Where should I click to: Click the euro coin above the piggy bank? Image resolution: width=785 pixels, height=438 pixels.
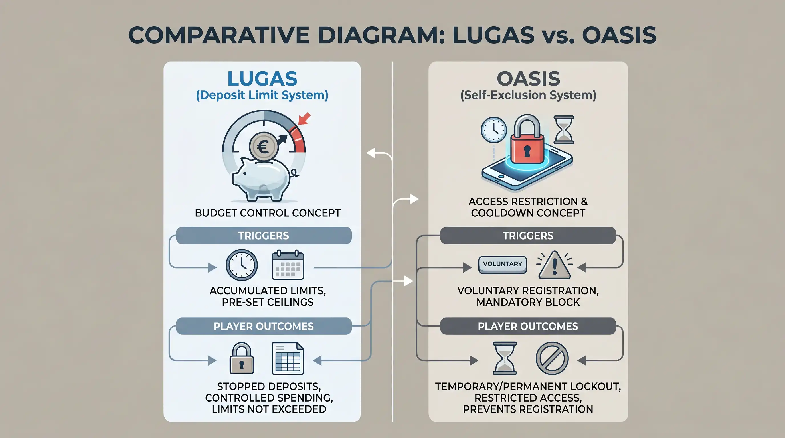[x=263, y=147]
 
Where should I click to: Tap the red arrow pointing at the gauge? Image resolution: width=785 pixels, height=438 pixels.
[x=304, y=119]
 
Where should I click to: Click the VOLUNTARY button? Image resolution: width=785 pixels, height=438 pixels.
[x=503, y=264]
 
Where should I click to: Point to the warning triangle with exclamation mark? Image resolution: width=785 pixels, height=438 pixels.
[x=555, y=265]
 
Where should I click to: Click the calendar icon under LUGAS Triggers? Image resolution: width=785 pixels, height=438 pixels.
[x=288, y=265]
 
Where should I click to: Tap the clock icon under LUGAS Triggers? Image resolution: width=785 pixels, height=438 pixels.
[x=242, y=265]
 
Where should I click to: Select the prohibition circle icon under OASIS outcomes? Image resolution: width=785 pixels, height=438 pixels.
[x=552, y=358]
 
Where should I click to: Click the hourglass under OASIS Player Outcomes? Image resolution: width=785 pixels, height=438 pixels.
[x=505, y=358]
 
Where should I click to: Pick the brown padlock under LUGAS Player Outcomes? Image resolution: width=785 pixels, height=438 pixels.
[x=242, y=358]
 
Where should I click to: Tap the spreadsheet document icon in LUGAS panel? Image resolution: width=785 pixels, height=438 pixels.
[x=288, y=358]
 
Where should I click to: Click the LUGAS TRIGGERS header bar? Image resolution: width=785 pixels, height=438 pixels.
[x=264, y=236]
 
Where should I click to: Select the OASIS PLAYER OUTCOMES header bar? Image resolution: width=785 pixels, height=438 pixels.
[x=528, y=326]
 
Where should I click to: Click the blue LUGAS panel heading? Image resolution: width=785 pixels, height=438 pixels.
[x=262, y=79]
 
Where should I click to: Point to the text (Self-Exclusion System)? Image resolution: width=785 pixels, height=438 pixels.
[x=528, y=95]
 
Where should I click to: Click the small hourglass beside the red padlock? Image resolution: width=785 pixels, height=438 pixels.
[x=564, y=130]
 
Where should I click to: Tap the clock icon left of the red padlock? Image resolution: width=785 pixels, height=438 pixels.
[x=494, y=130]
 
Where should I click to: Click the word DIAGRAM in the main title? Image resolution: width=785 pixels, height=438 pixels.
[x=381, y=35]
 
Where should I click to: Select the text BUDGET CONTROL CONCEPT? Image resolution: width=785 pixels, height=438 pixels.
[x=268, y=213]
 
